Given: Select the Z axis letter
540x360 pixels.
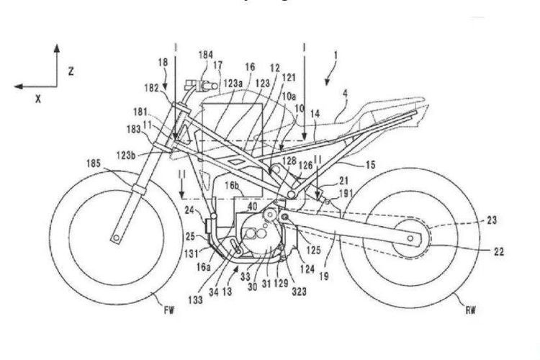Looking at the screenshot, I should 72,71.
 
